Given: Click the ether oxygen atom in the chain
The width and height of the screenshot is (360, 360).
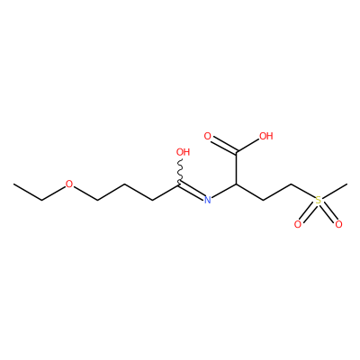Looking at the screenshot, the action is click(69, 184).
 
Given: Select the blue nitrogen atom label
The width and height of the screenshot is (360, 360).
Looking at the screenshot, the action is click(207, 200).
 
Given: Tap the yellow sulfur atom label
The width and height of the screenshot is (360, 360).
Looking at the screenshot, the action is click(318, 200).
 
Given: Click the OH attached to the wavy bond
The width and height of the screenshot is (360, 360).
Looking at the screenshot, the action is click(183, 152).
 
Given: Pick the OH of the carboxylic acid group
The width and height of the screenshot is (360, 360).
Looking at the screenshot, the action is click(266, 136).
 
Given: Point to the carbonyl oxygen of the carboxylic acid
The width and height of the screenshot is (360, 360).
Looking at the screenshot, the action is click(207, 136).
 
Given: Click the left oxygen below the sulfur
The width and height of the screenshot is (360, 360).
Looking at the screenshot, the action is click(298, 224).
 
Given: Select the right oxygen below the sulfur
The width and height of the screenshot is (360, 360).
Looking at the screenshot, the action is click(338, 224).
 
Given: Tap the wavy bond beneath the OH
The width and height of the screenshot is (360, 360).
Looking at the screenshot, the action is click(181, 171).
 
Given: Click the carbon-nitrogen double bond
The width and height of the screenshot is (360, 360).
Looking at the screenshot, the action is click(191, 191).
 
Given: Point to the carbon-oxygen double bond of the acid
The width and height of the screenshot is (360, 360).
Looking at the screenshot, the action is click(224, 146).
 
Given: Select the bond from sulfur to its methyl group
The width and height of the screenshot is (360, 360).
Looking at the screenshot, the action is click(334, 191).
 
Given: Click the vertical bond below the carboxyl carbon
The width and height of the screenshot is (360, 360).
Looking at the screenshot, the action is click(237, 168).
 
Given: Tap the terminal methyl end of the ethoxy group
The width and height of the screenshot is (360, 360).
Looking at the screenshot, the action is click(13, 184).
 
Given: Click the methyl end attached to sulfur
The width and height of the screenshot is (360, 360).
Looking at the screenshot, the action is click(347, 184).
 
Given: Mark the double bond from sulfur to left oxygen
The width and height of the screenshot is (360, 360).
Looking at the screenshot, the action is click(308, 212).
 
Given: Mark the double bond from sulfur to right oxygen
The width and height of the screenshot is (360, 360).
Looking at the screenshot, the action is click(328, 212).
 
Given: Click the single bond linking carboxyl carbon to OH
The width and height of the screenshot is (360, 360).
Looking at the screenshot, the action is click(248, 146).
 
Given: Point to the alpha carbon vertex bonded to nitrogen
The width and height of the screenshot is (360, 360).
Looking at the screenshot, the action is click(237, 184).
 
